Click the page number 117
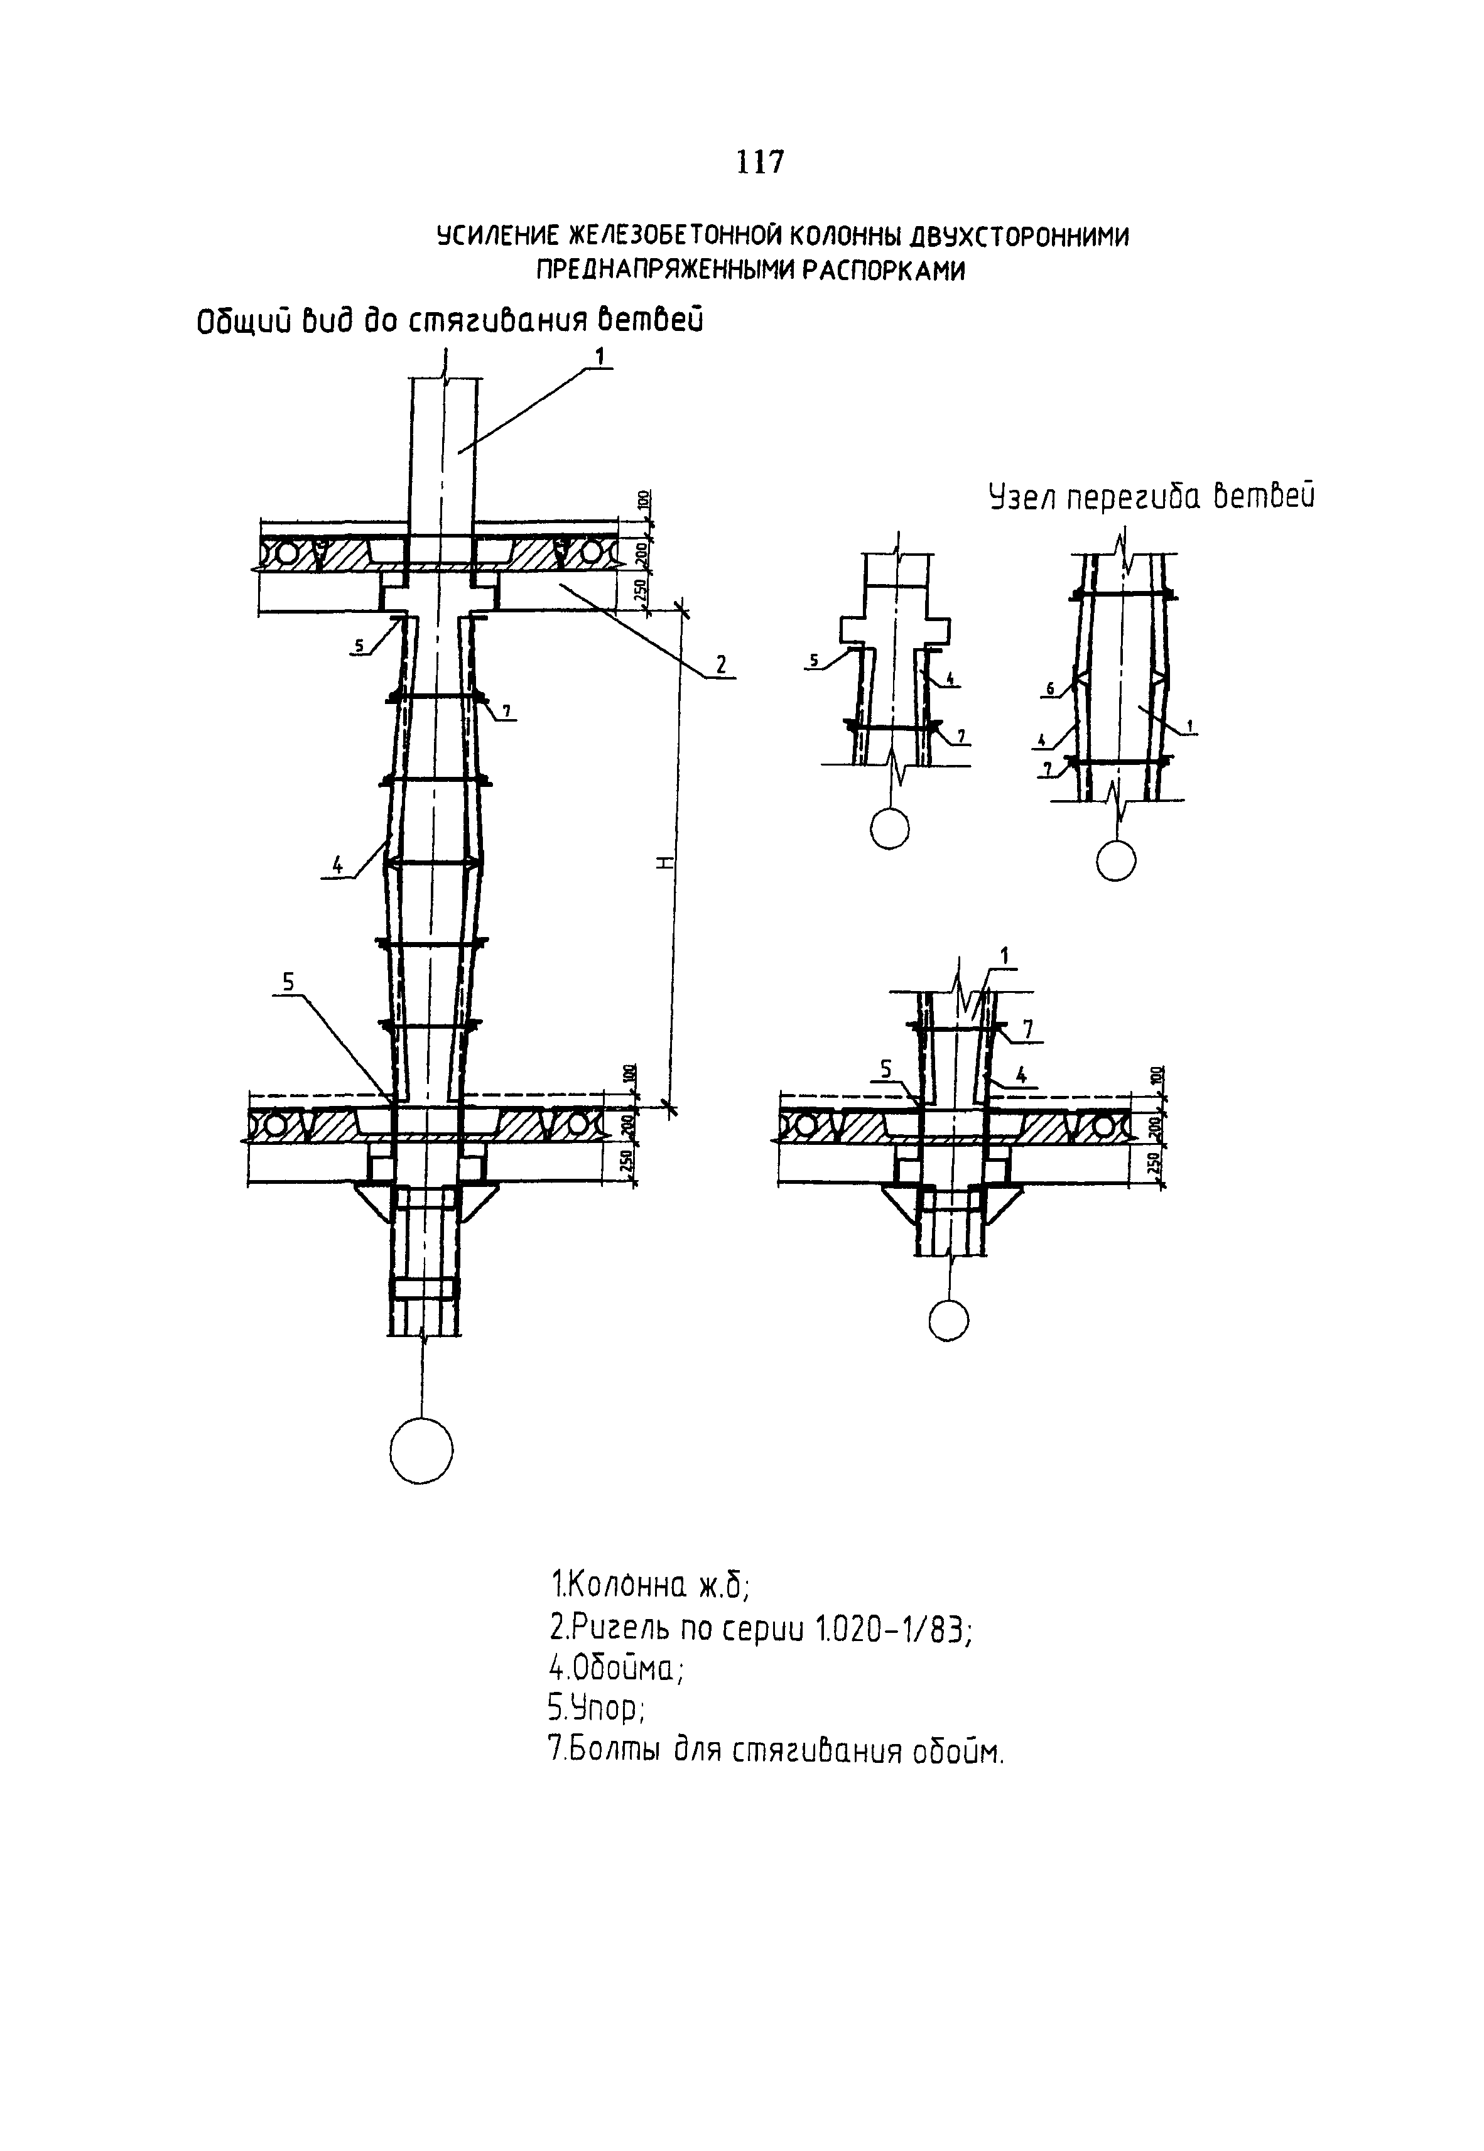pos(760,163)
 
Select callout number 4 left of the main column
pos(337,865)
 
